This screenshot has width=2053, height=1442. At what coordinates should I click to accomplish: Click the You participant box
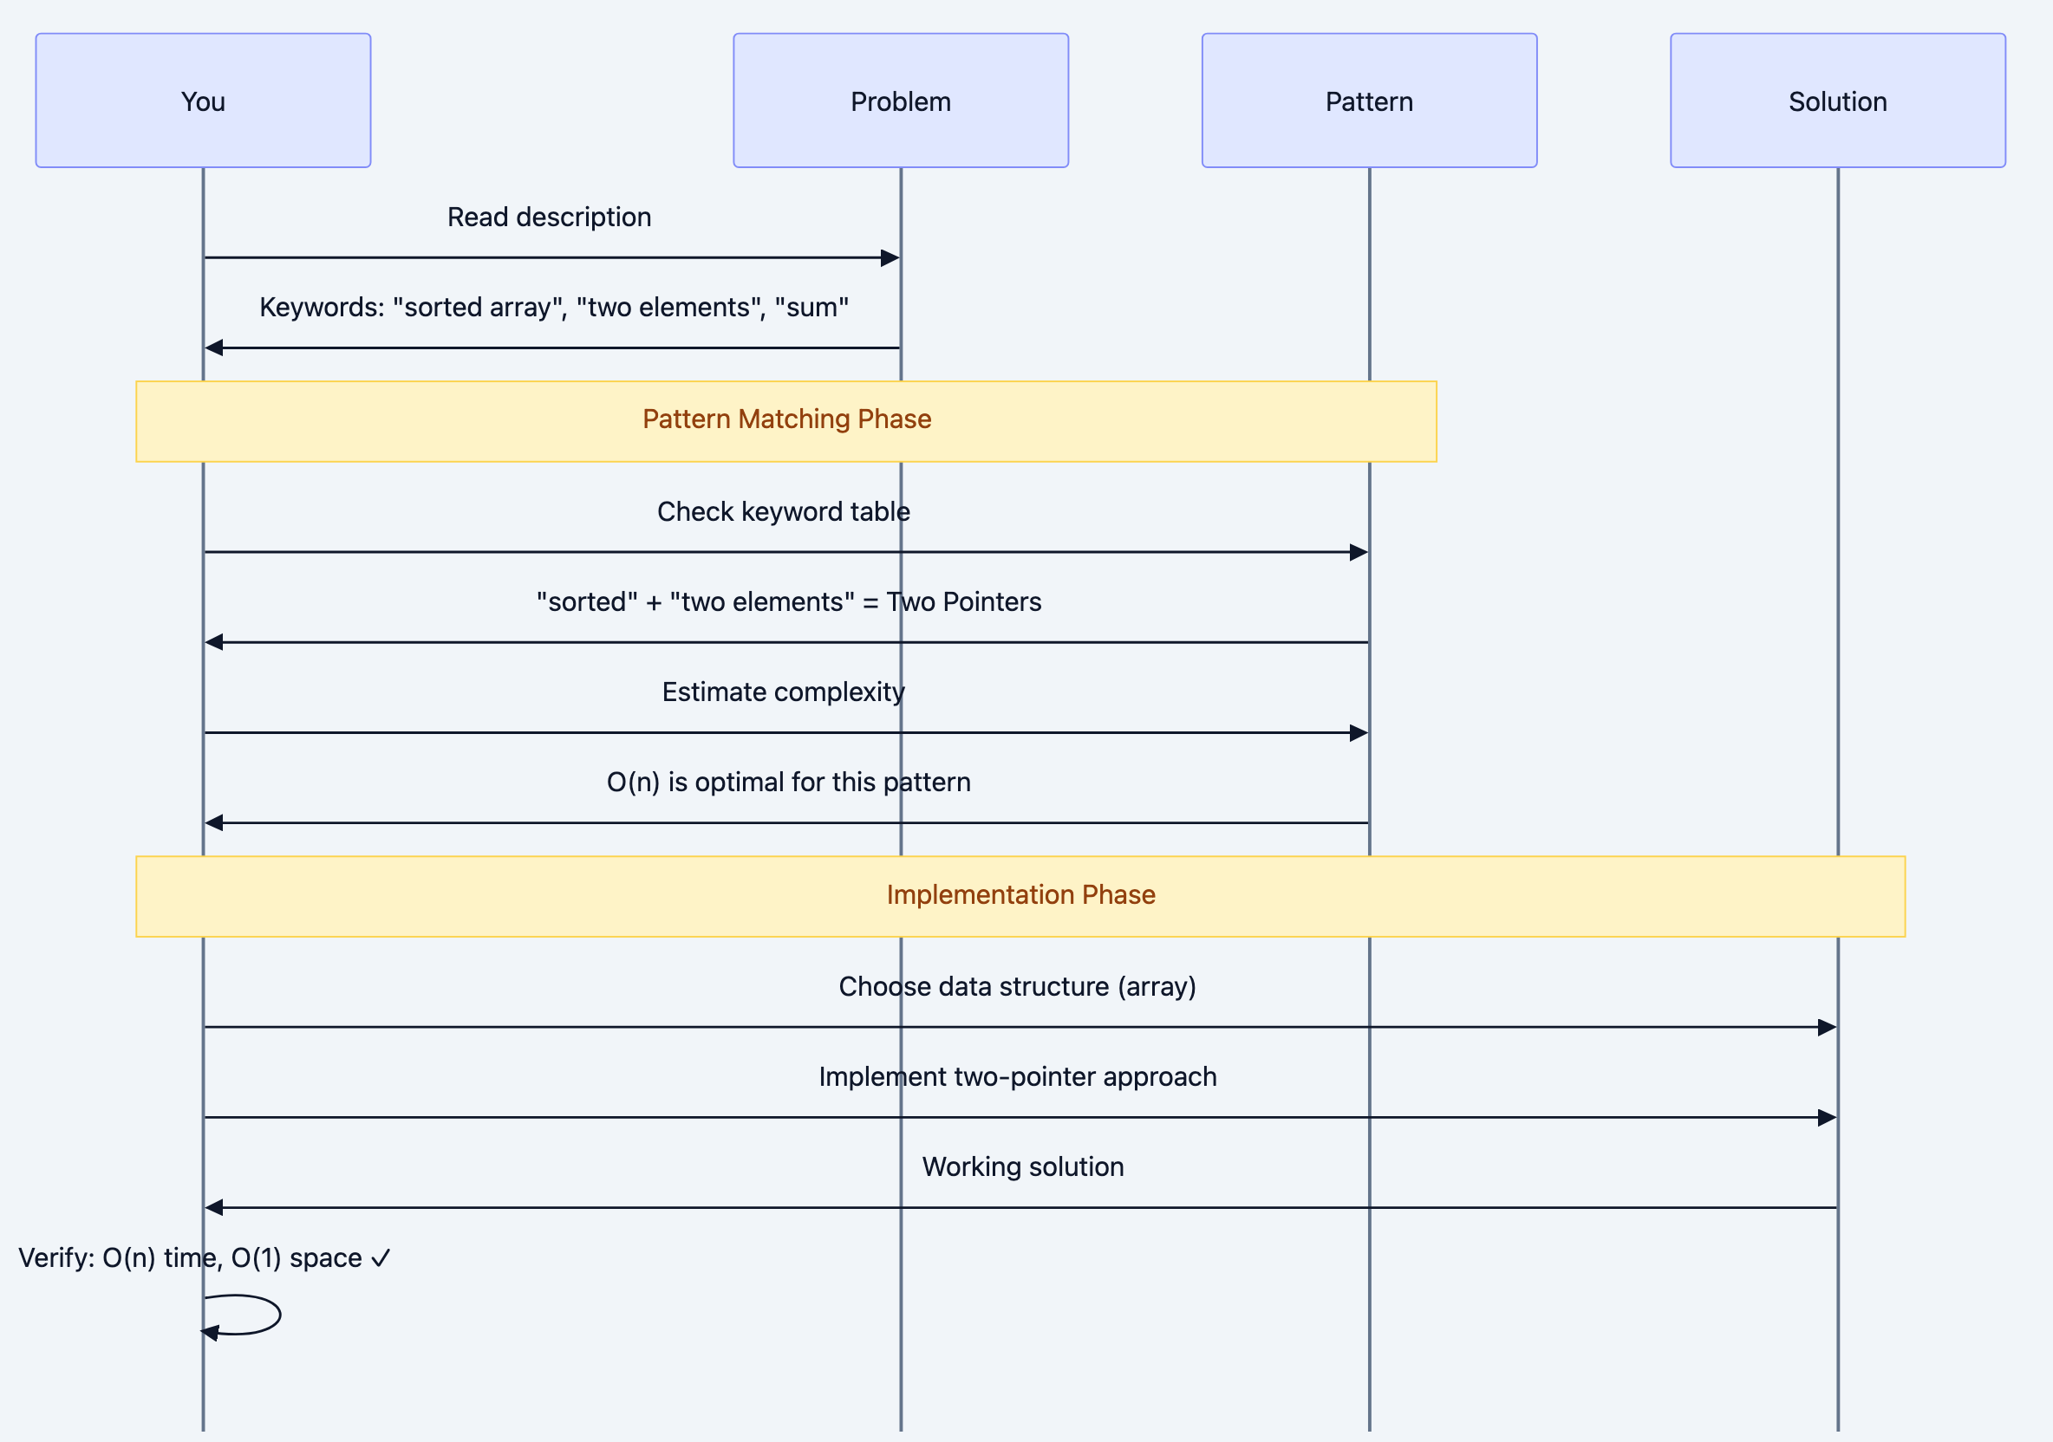(203, 101)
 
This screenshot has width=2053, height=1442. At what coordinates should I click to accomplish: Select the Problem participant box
(901, 101)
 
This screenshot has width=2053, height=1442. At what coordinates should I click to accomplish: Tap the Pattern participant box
(1369, 101)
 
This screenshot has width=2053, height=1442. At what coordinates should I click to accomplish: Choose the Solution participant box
(1837, 101)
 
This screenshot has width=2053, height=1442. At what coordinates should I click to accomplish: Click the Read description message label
(549, 218)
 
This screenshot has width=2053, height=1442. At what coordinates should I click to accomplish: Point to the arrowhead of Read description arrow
(890, 258)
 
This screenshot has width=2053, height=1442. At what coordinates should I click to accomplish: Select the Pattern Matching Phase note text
(787, 419)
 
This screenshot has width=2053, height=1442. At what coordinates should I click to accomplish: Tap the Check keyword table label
(783, 511)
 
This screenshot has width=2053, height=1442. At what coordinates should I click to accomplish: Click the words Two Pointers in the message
(964, 601)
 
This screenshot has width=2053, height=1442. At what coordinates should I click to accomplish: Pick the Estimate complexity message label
(783, 692)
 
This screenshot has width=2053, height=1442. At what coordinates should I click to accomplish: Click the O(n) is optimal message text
(788, 783)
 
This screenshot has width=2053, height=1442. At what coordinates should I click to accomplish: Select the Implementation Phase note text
(1021, 895)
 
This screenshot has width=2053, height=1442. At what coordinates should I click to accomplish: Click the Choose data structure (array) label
(1018, 987)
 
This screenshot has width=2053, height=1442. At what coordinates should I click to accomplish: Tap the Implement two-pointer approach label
(1018, 1077)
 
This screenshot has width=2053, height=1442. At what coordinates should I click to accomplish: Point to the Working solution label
(1023, 1167)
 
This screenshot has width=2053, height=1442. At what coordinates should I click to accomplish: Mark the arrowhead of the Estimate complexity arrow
(1359, 733)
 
